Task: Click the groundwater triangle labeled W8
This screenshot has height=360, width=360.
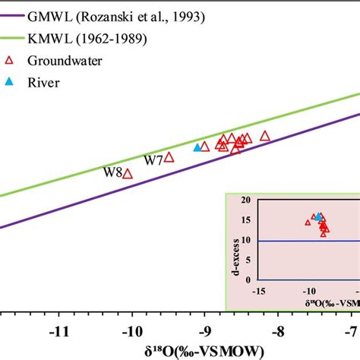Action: click(x=128, y=174)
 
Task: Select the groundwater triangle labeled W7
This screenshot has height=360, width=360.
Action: click(x=169, y=157)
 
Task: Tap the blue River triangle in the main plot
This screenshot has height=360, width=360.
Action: click(x=197, y=147)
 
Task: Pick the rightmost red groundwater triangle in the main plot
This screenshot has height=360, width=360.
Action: click(x=265, y=136)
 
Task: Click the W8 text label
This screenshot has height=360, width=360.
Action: click(x=112, y=172)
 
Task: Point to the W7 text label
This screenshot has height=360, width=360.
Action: click(x=153, y=160)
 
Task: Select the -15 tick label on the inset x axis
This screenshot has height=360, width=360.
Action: click(x=261, y=292)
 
